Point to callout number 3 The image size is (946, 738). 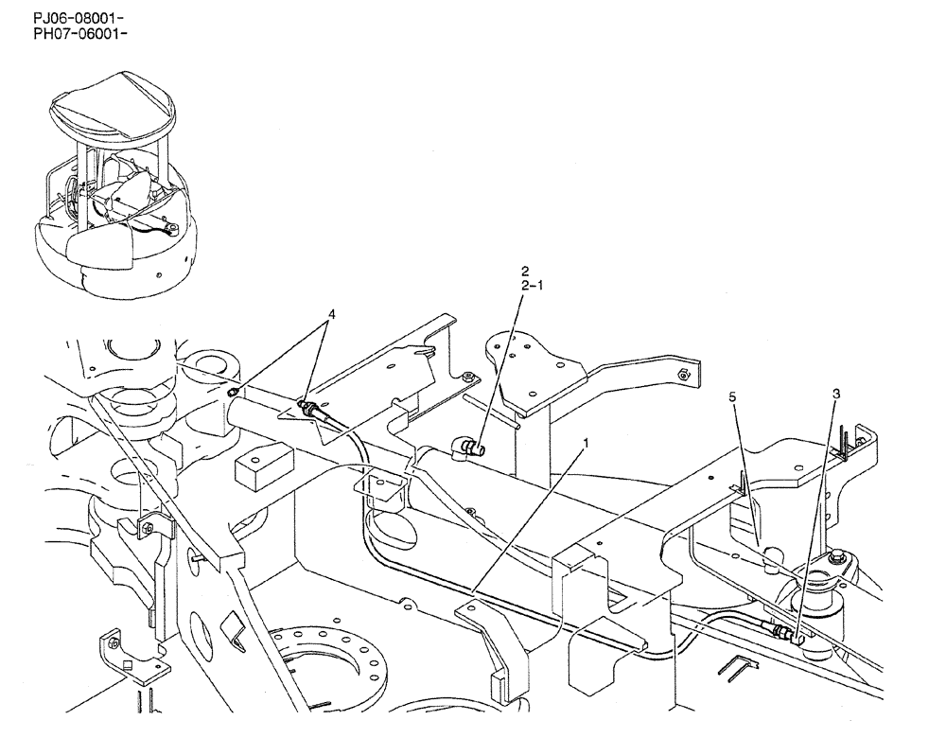(x=836, y=393)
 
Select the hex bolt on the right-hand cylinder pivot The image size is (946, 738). (x=838, y=567)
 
